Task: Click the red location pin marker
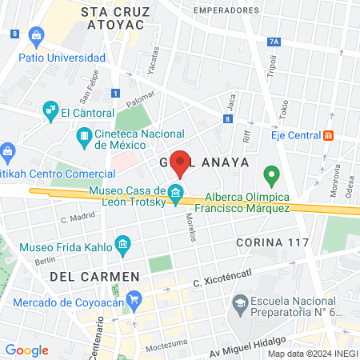point(181,163)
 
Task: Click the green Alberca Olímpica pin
point(271,174)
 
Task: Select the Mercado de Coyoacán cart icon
point(134,301)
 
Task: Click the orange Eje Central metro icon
point(328,135)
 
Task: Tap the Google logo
point(26,350)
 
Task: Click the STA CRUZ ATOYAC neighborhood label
point(111,18)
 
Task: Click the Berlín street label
point(45,261)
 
